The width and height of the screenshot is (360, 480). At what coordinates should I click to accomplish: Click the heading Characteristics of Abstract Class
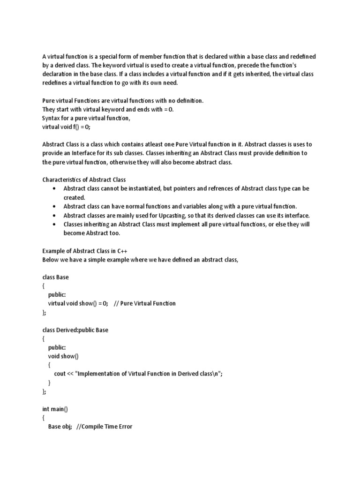pos(84,180)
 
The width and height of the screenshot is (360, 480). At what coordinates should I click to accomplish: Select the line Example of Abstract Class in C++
pos(84,251)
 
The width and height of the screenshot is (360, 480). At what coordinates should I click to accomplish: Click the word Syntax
pos(52,118)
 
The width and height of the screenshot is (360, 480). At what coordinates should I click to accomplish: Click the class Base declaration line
pos(55,277)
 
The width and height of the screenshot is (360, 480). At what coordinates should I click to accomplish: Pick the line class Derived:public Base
pos(75,330)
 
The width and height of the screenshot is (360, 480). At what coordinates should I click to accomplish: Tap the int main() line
pos(55,409)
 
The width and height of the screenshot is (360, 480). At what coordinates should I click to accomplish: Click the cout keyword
pos(60,374)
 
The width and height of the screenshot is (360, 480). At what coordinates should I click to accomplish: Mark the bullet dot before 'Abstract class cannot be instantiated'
pos(55,188)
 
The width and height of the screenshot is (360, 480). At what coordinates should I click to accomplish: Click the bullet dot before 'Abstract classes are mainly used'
pos(55,215)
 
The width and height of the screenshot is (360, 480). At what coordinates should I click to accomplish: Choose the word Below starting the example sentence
pos(51,259)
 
